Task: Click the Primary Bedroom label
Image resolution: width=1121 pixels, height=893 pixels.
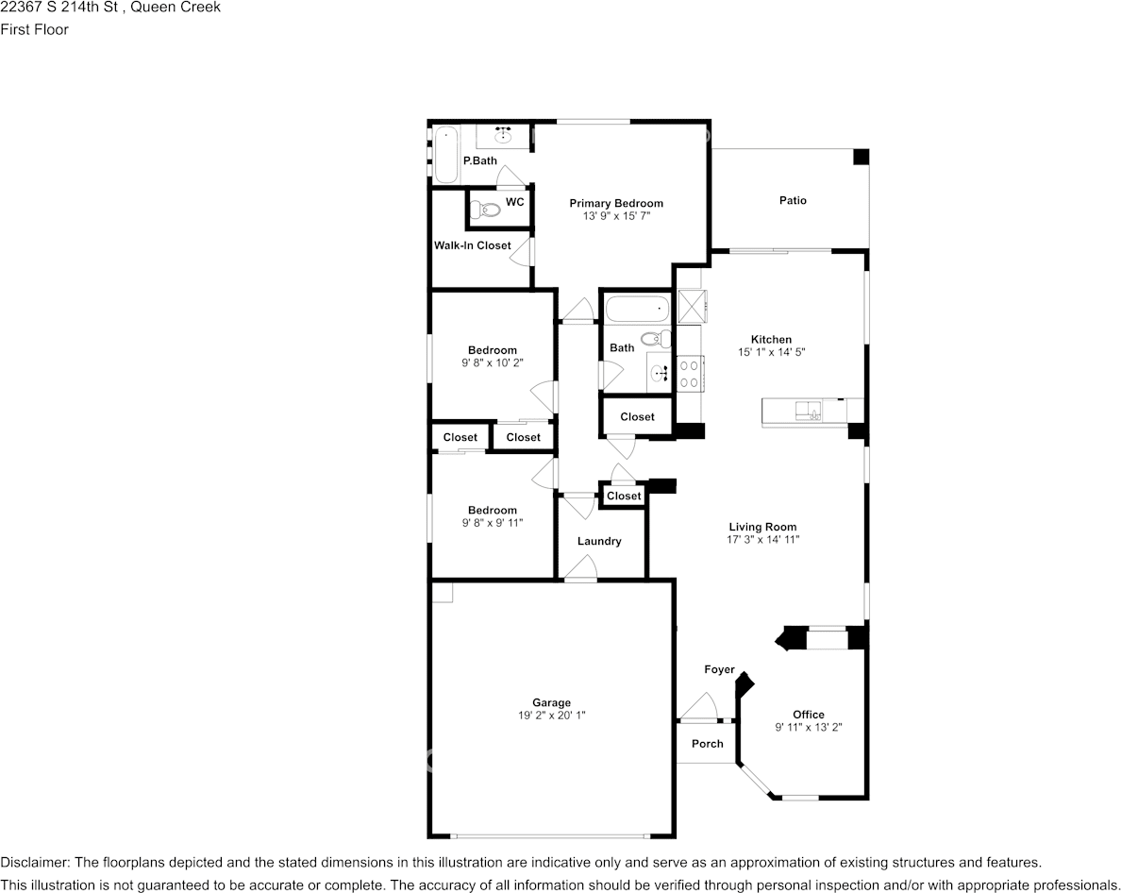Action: point(616,203)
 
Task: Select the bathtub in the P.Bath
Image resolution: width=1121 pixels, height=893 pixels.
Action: point(446,155)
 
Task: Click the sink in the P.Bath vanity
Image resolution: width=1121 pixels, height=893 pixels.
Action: point(502,136)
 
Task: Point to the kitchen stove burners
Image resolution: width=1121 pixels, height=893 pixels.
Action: point(689,374)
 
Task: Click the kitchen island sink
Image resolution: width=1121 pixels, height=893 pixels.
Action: point(808,410)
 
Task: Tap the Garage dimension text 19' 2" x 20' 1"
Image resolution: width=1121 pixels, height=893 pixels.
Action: point(551,716)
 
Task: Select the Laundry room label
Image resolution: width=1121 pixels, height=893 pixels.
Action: point(599,541)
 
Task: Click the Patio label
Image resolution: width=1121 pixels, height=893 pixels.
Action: point(793,200)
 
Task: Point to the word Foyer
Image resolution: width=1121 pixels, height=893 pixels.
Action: point(719,669)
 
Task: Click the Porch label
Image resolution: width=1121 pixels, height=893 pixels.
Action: point(707,743)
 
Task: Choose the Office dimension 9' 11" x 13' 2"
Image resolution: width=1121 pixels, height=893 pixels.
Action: point(809,727)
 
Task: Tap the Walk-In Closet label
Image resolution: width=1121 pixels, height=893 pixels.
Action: point(472,245)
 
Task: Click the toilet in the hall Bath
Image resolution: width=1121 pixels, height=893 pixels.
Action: point(654,338)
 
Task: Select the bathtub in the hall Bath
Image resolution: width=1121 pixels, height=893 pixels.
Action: point(637,309)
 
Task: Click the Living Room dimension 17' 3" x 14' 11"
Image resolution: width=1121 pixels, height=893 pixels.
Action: point(762,540)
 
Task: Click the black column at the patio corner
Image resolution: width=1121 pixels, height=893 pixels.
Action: point(861,158)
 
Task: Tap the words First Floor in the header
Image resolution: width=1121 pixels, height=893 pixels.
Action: point(34,29)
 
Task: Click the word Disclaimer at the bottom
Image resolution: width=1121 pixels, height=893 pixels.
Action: point(34,862)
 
